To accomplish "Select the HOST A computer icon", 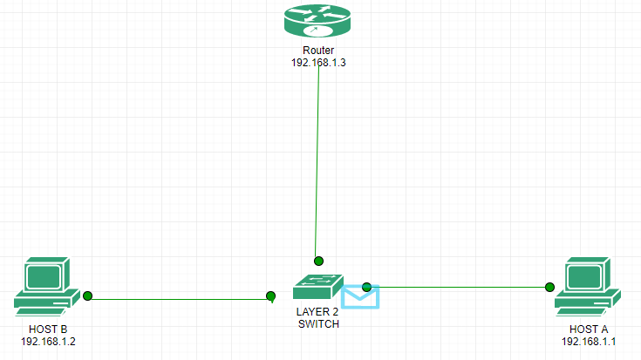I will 587,285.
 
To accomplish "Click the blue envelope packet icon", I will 360,296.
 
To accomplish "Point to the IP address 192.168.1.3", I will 318,63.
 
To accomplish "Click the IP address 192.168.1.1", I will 589,341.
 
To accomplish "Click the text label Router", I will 318,51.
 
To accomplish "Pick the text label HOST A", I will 589,329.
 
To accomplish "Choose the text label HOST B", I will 48,329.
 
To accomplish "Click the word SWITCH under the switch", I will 317,323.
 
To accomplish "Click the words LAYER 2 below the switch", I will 317,312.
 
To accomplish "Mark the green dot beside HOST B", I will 87,296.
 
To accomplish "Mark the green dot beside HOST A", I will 550,287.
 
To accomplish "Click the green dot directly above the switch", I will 319,261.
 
